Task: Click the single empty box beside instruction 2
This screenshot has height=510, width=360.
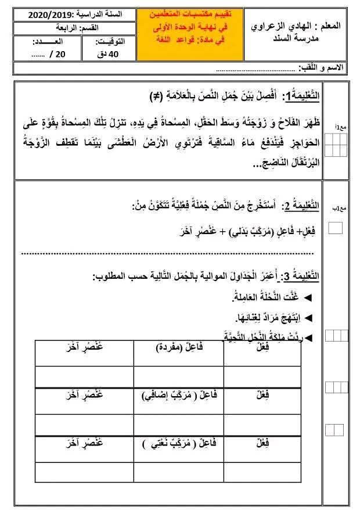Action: coord(335,228)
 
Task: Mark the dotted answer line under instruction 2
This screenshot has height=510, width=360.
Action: coord(168,253)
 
